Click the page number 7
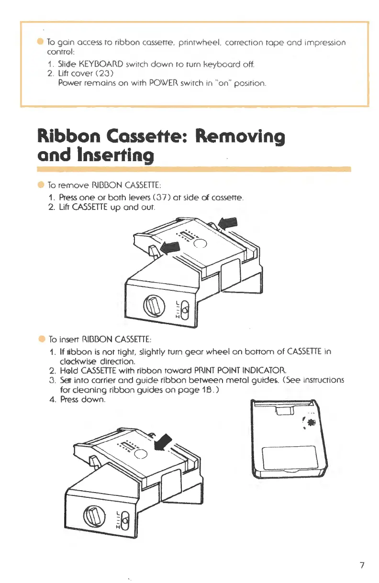[x=362, y=565]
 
